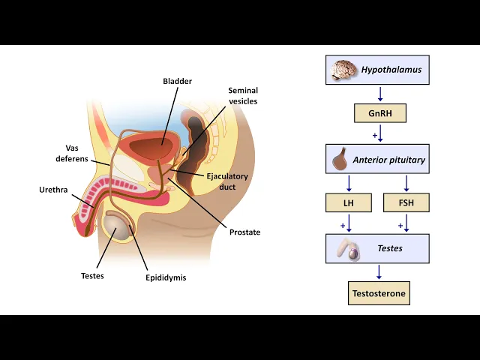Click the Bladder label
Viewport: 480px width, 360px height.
coord(178,81)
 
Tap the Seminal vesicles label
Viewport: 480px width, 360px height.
coord(243,96)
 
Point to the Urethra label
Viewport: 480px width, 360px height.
coord(53,190)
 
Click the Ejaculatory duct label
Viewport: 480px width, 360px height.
coord(227,181)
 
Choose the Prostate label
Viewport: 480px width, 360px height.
coord(245,232)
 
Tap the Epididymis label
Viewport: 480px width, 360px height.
coord(166,277)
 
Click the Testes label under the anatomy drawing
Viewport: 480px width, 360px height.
coord(92,275)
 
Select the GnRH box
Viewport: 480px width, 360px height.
coord(379,113)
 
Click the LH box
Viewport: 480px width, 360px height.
coord(349,202)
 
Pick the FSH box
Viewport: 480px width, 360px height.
coord(406,202)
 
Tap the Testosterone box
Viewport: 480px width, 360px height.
coord(379,293)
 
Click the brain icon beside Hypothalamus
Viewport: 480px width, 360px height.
coord(343,70)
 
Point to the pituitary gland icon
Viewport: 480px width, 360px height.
coord(340,158)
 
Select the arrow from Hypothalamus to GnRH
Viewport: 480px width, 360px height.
coord(380,94)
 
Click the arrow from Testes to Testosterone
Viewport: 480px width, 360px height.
coord(379,272)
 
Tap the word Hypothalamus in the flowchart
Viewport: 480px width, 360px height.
coord(391,70)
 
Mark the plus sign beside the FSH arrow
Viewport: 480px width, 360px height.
coord(400,225)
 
